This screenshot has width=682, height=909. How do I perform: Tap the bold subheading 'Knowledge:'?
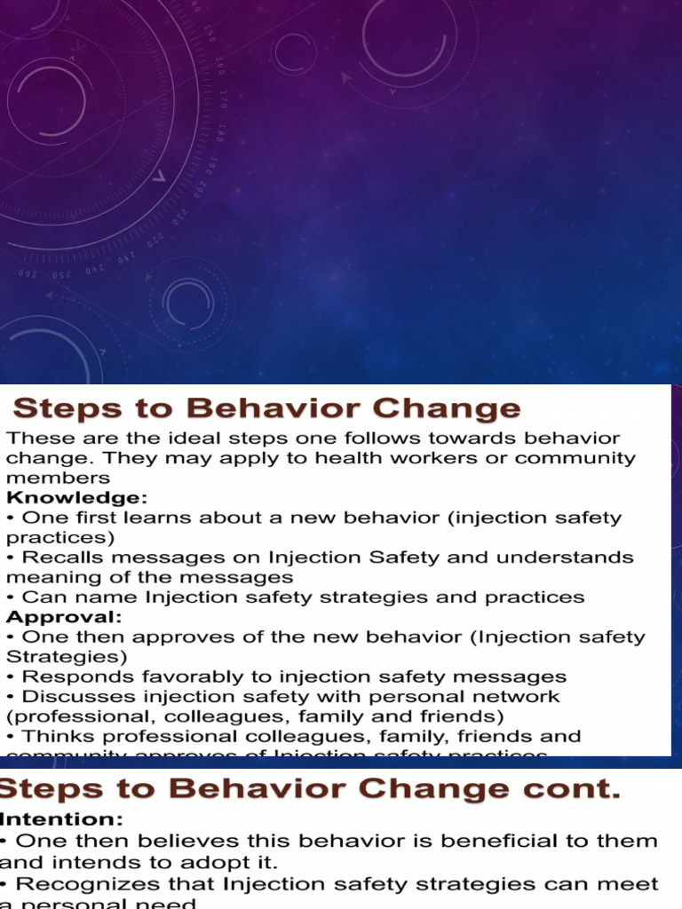pyautogui.click(x=77, y=498)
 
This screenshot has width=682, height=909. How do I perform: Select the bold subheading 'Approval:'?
pyautogui.click(x=65, y=617)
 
